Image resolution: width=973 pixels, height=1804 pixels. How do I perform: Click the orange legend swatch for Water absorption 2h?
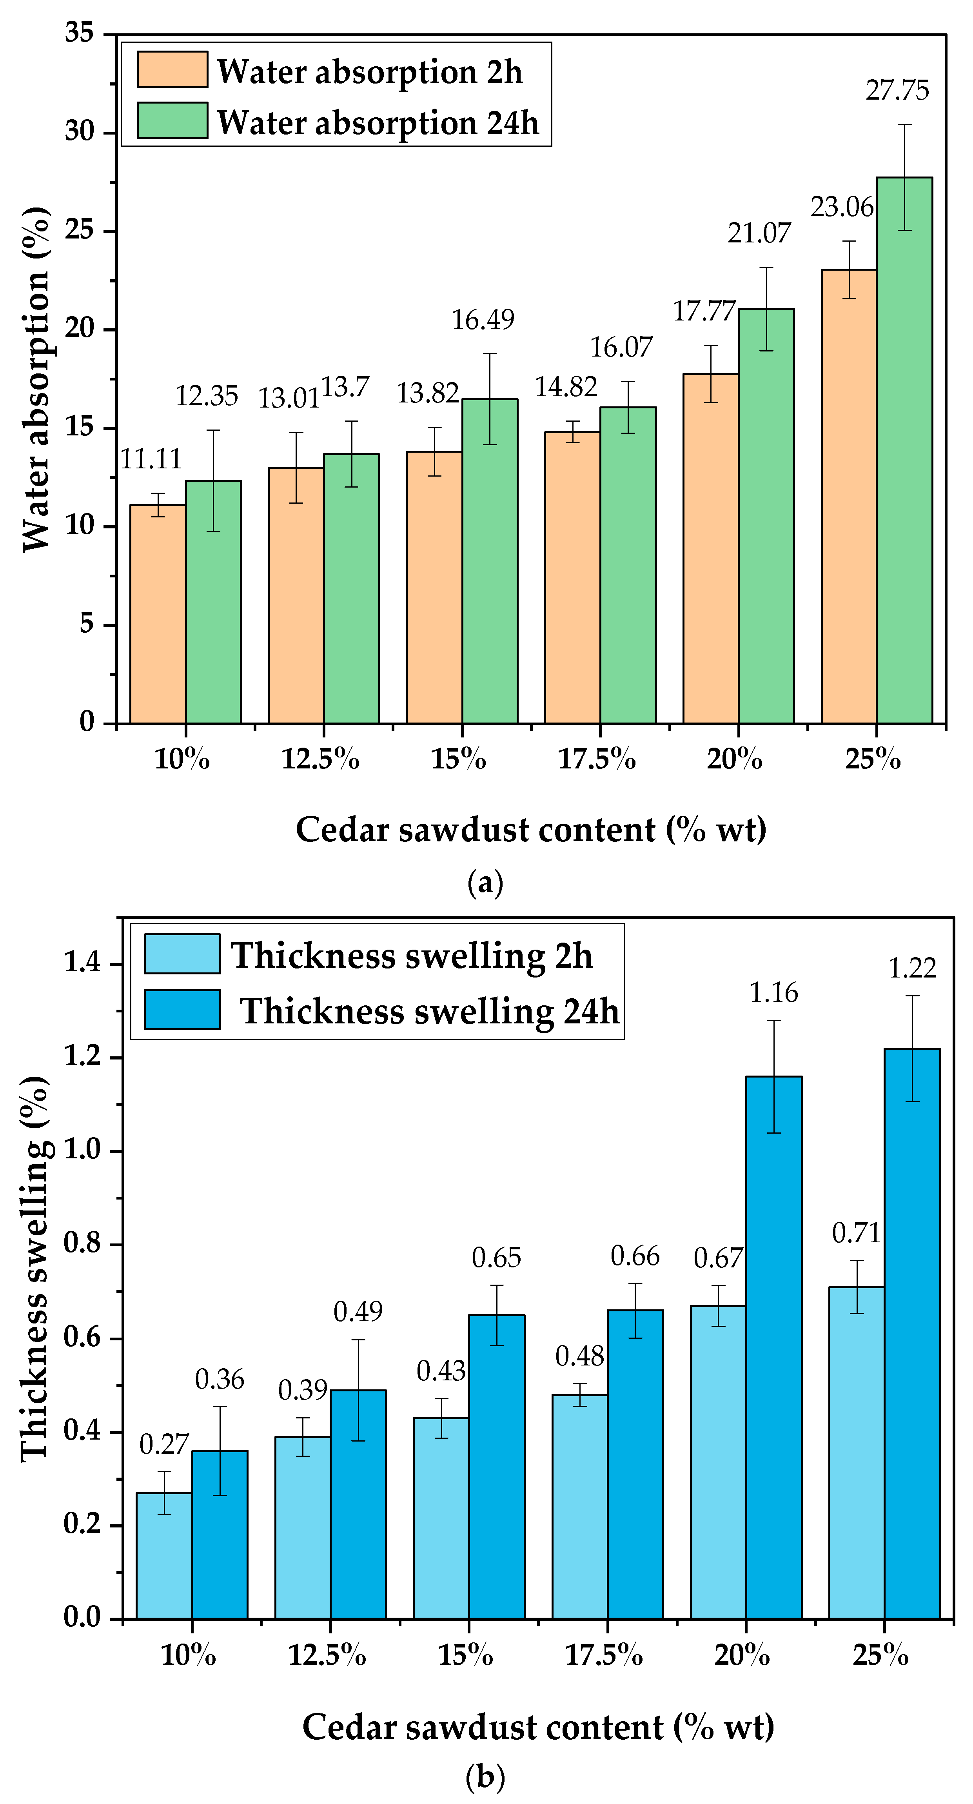(x=172, y=70)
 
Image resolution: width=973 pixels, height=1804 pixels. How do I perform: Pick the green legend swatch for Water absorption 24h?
(x=172, y=120)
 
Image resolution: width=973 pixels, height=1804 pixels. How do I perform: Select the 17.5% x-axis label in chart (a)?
(x=596, y=759)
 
